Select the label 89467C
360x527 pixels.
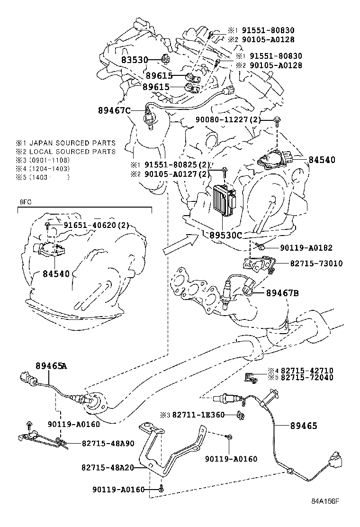pos(114,110)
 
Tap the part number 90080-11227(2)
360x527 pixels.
pos(228,120)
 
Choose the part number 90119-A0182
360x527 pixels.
pos(306,247)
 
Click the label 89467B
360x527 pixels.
pos(282,293)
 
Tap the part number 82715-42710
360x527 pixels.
pos(307,371)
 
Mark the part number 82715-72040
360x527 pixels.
pos(307,378)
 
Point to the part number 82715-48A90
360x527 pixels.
pos(108,444)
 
